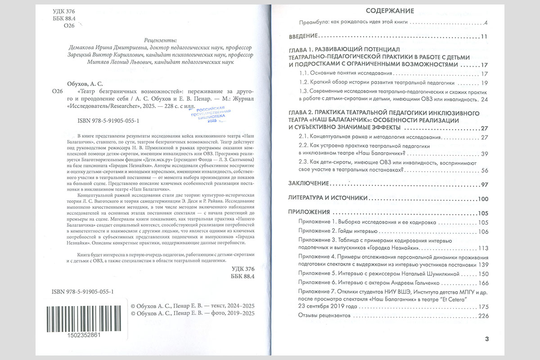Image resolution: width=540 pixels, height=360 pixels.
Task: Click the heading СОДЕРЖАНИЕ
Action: coord(390,10)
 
